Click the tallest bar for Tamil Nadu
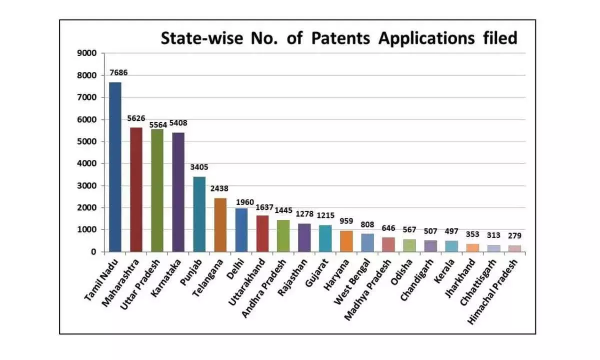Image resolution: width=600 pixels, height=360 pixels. (115, 167)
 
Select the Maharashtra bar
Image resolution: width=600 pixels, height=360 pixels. (136, 189)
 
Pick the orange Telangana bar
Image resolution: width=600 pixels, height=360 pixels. (220, 224)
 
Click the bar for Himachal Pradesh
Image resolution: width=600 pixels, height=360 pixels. (514, 248)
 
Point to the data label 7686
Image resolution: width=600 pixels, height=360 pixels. (118, 72)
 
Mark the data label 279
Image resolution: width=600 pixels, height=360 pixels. (514, 235)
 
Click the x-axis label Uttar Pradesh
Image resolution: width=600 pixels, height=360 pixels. (142, 282)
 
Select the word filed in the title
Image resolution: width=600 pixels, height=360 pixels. (497, 38)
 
